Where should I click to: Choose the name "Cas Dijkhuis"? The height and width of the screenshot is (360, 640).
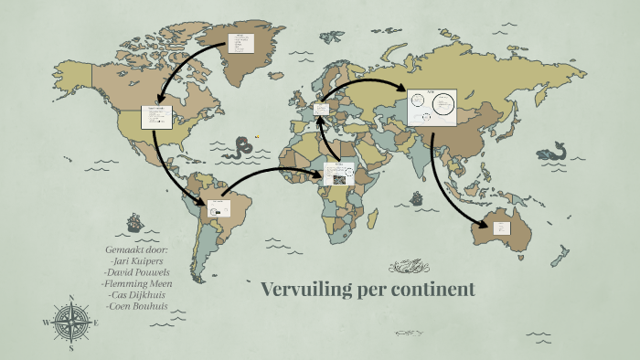[138, 294]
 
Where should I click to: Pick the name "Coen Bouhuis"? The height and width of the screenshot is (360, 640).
[138, 306]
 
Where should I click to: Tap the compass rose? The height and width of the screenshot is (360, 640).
[71, 323]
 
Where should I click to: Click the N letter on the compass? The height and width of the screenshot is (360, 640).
[71, 297]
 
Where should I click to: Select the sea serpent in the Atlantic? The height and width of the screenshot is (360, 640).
[241, 146]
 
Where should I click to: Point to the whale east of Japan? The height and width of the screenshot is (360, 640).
[551, 153]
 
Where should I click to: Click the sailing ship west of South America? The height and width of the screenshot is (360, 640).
[134, 221]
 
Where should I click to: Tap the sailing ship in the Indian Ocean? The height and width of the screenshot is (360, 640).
[417, 197]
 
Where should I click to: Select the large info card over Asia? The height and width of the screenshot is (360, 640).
[432, 107]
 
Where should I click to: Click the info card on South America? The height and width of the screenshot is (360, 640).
[219, 209]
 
